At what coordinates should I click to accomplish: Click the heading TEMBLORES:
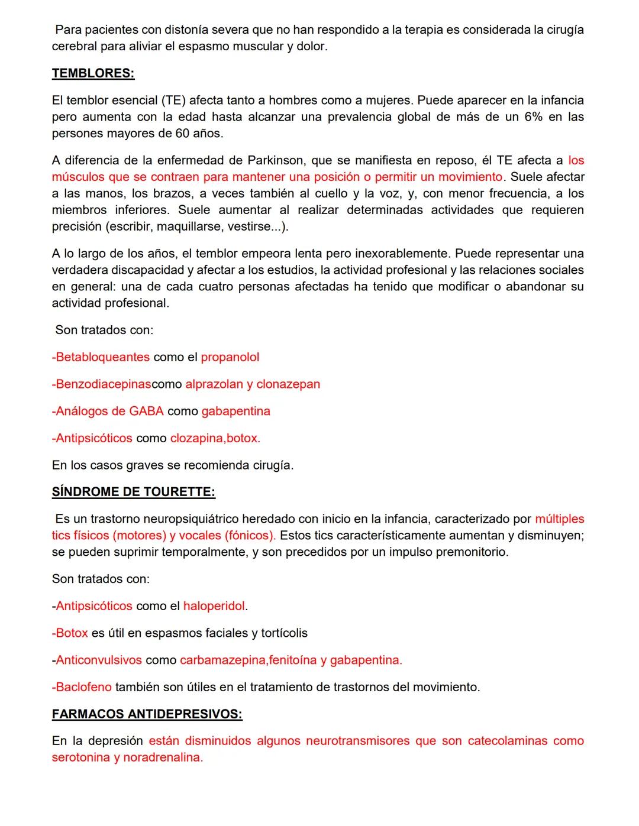[93, 73]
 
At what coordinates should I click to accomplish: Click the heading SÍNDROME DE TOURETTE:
[133, 492]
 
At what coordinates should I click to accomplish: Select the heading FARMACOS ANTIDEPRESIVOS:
[147, 714]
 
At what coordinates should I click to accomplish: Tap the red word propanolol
[230, 357]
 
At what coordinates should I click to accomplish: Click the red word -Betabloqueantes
[101, 357]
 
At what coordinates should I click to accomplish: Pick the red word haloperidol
[214, 606]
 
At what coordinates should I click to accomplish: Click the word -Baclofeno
[82, 687]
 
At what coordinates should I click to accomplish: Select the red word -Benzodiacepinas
[101, 384]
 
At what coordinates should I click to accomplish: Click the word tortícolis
[284, 633]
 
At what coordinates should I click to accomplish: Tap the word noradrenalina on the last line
[163, 757]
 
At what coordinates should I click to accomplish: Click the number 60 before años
[183, 134]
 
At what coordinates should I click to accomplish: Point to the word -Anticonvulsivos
[97, 660]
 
